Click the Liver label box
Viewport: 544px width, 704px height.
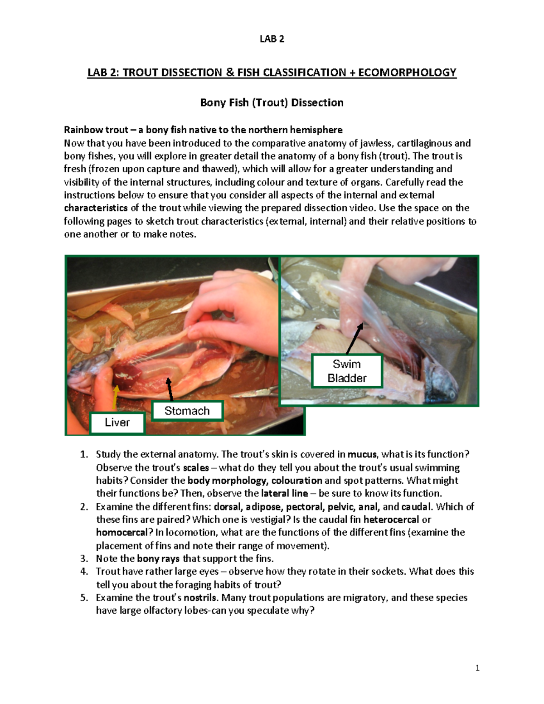117,422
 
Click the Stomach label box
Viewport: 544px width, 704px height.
187,411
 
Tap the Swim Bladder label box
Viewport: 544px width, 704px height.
347,371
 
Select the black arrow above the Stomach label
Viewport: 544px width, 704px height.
170,389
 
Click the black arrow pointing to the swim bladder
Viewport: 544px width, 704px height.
355,338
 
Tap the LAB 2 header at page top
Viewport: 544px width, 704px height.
272,39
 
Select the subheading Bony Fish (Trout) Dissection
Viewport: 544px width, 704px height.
272,102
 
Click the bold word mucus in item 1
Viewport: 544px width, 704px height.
362,454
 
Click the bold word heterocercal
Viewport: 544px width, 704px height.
391,520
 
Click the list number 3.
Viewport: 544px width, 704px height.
84,558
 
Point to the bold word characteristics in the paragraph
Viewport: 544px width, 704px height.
96,208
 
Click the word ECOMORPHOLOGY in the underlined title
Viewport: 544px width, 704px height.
407,73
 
